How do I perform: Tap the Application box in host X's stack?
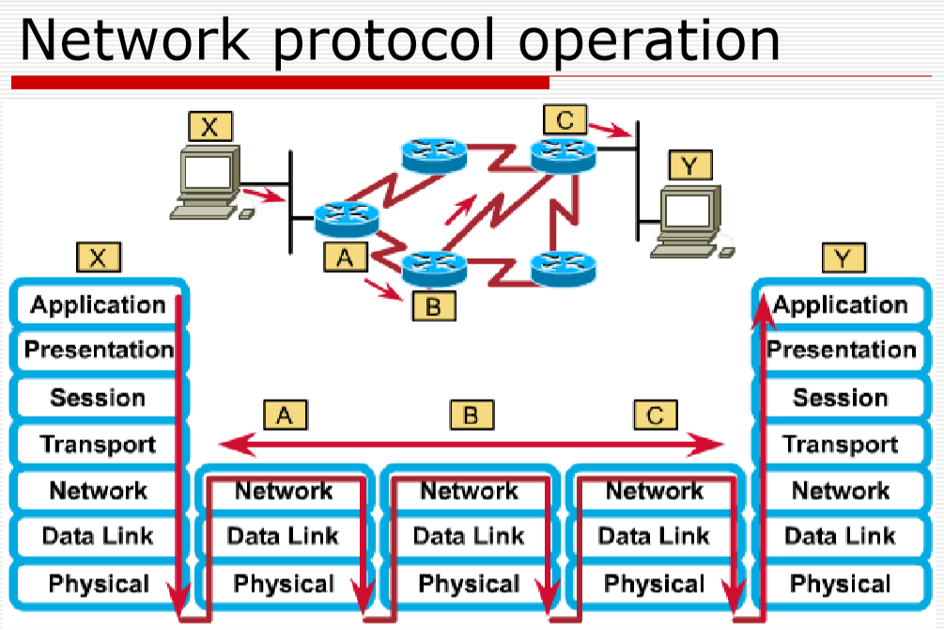point(98,305)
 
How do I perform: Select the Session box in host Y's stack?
point(840,397)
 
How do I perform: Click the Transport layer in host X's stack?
point(98,443)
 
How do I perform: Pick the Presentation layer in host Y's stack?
point(840,350)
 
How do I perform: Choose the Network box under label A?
point(284,491)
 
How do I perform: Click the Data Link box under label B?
point(469,536)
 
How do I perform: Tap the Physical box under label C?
point(654,583)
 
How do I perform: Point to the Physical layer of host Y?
point(840,583)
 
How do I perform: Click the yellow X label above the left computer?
point(209,128)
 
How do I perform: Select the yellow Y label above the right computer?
point(689,166)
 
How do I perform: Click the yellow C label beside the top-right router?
point(564,120)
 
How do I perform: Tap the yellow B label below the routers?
point(433,305)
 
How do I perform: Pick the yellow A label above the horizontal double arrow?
point(286,415)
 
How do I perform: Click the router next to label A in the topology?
point(345,218)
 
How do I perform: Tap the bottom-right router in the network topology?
point(564,268)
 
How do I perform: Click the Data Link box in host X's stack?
point(98,536)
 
